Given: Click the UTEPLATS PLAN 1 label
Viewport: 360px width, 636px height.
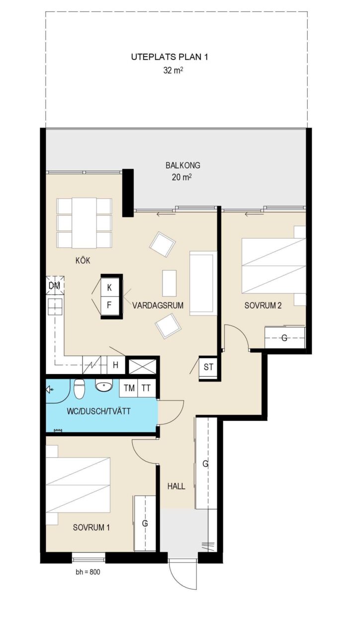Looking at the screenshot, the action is [x=170, y=57].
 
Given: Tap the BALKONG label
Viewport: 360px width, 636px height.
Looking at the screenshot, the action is [x=182, y=165].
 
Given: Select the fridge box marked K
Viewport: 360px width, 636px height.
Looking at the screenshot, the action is [x=109, y=288].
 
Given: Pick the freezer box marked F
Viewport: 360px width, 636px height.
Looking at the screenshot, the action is [x=109, y=306].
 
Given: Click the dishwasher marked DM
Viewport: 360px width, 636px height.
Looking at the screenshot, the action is [x=55, y=286].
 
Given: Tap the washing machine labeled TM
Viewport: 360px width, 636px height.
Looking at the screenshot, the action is [x=129, y=388].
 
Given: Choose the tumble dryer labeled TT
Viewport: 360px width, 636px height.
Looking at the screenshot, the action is [x=146, y=388].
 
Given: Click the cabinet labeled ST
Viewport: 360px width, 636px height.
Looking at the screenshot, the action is [x=208, y=367].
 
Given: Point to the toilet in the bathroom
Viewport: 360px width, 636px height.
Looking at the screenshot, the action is [x=79, y=389].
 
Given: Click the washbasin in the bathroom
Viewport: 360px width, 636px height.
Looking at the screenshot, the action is [x=104, y=386].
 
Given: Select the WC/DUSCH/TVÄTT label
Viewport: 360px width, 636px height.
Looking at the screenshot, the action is [x=98, y=411].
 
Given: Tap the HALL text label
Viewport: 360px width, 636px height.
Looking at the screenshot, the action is [x=176, y=486].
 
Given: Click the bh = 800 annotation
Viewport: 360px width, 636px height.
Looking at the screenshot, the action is [x=88, y=572].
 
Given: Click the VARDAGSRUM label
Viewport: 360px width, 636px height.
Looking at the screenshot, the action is [x=158, y=306].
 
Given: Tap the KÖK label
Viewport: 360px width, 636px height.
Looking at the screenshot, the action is [x=83, y=261].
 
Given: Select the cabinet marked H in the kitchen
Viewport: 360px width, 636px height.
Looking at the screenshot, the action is [x=116, y=365].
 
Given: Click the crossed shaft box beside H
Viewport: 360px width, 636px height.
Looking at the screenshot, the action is [x=142, y=367].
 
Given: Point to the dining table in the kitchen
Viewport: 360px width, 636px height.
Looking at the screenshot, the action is [x=84, y=223].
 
